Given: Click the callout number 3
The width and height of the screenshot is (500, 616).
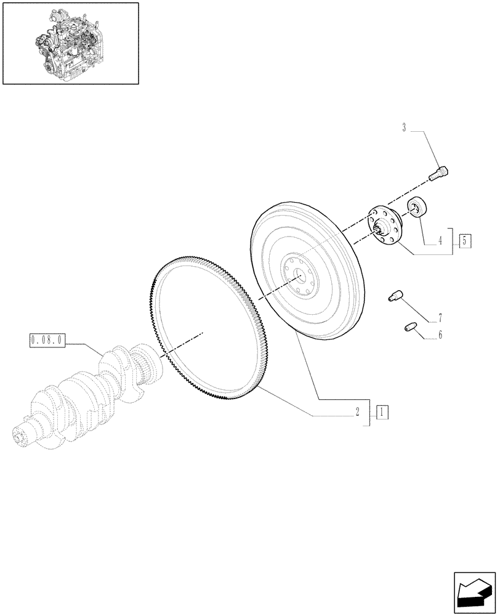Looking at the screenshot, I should tap(404, 128).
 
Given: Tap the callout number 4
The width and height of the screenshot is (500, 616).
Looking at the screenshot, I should tap(440, 242).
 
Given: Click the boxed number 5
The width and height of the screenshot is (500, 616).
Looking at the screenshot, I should tap(465, 241).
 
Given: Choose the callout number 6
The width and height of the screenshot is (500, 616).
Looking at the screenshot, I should tap(440, 336).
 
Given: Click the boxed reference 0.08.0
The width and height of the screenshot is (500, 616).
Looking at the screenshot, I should tap(47, 339).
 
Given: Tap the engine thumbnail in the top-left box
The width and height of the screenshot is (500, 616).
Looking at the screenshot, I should tap(70, 43).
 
